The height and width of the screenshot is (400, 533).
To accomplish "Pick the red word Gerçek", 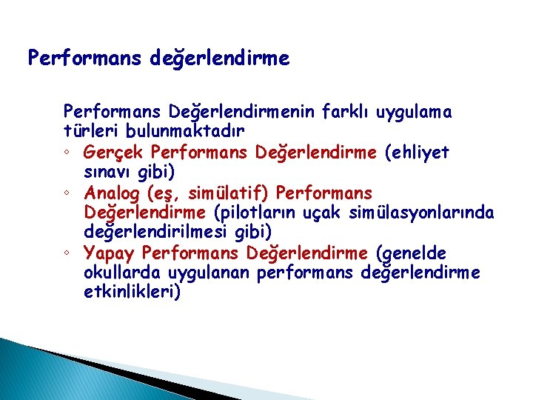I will coord(114,153).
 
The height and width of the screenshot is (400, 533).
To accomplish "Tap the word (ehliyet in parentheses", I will coord(416,153).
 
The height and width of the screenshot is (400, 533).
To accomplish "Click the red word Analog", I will coord(113,193).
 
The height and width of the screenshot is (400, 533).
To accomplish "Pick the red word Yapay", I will coord(110,253).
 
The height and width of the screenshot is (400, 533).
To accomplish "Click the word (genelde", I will coord(411,253).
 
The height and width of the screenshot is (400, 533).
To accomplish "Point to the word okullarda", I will coord(118,273).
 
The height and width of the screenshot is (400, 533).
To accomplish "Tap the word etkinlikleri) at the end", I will coord(132,293).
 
